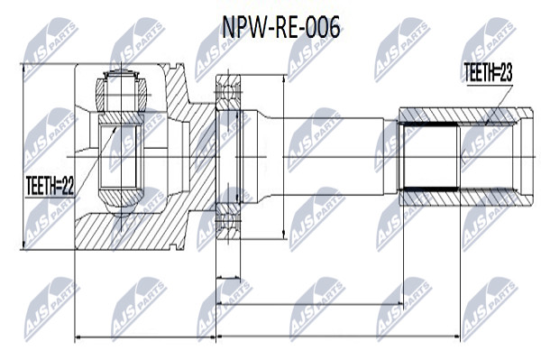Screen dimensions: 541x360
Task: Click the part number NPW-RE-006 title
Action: [x=280, y=28]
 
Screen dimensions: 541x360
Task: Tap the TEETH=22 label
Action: [x=50, y=187]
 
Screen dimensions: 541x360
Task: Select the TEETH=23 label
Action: [x=488, y=73]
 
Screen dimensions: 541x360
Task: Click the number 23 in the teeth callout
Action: [x=505, y=73]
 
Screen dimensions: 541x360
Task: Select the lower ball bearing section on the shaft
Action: [x=228, y=222]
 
